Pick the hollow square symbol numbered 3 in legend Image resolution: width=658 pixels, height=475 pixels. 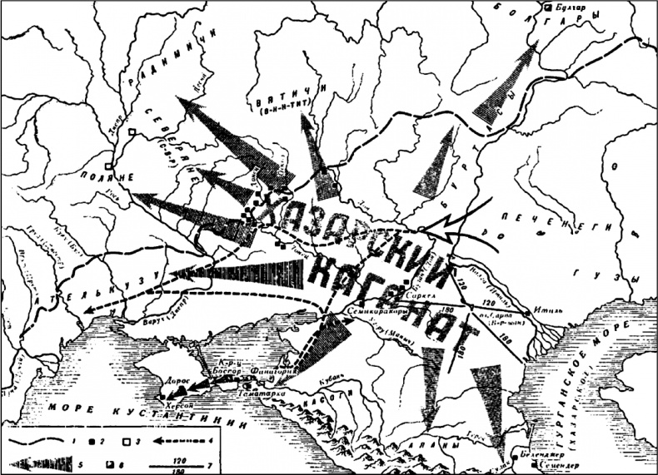tap(127, 435)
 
